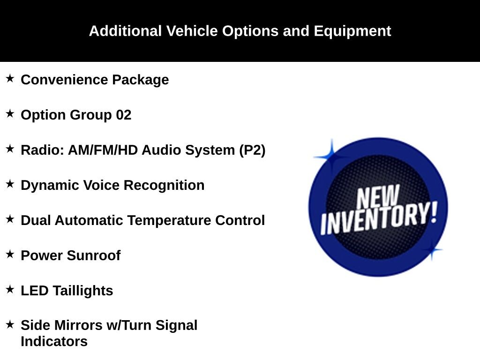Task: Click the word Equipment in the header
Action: (352, 31)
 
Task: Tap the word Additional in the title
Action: (125, 31)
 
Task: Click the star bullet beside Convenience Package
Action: (10, 78)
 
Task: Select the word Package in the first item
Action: (141, 80)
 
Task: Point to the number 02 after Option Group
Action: (123, 115)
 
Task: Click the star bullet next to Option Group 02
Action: (10, 113)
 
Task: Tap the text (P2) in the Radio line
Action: (252, 150)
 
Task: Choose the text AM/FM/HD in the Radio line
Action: (103, 150)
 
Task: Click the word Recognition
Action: (164, 186)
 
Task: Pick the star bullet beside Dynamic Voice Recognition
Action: (10, 184)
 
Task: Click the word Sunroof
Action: (94, 255)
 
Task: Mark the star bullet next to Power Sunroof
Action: (10, 254)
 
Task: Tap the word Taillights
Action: (83, 291)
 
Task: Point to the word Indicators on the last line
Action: (54, 341)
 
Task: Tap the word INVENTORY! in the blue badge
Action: (379, 218)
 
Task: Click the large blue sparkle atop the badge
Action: (331, 157)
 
